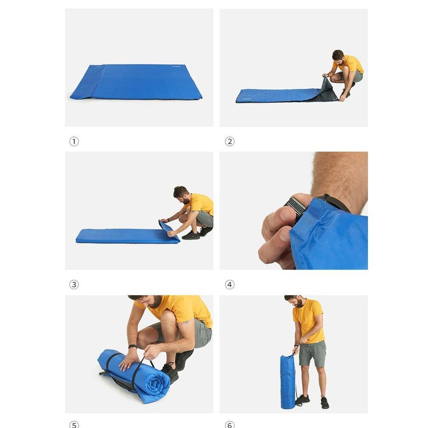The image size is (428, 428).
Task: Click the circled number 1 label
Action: point(74,141)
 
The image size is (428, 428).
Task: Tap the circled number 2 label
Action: point(229,141)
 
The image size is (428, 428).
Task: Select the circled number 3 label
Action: point(74,285)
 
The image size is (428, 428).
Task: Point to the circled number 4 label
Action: point(229,285)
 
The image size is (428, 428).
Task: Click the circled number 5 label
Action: point(74,425)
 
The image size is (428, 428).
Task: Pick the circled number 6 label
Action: point(229,425)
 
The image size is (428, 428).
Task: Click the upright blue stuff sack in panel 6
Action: point(288,381)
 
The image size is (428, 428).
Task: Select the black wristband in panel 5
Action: point(132,346)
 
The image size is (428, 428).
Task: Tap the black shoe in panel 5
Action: point(171,372)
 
